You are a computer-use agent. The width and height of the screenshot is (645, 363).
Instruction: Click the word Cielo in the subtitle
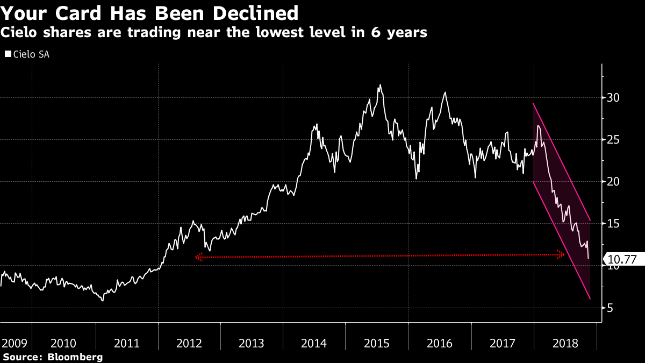[x=21, y=33]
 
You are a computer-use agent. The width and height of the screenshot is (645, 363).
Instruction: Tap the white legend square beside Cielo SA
[x=7, y=54]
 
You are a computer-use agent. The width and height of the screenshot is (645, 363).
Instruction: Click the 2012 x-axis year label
[x=189, y=343]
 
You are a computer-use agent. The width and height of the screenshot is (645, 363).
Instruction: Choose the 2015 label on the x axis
[x=377, y=343]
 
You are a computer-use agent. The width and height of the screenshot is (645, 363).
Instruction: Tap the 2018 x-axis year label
[x=565, y=343]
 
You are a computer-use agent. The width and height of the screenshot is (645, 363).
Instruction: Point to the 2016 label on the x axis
[x=440, y=343]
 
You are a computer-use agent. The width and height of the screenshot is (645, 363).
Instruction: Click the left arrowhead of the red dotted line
[x=198, y=258]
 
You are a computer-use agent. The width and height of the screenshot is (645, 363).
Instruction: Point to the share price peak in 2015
[x=381, y=84]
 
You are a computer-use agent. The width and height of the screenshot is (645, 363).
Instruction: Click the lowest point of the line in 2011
[x=103, y=300]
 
